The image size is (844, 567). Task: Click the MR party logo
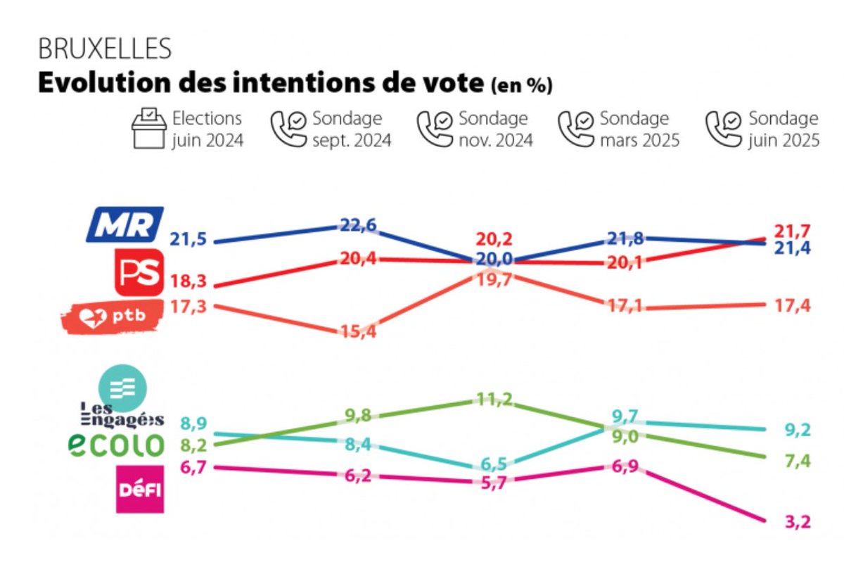(x=124, y=224)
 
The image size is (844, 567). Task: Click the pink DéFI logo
(x=139, y=488)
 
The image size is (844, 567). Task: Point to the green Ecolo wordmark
(x=116, y=444)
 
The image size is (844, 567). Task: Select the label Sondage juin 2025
(x=784, y=129)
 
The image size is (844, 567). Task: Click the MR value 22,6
(x=359, y=224)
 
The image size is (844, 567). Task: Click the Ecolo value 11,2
(x=492, y=400)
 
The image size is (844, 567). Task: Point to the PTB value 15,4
(x=359, y=331)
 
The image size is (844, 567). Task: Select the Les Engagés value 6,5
(x=492, y=464)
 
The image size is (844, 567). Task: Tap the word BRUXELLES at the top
(x=105, y=49)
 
